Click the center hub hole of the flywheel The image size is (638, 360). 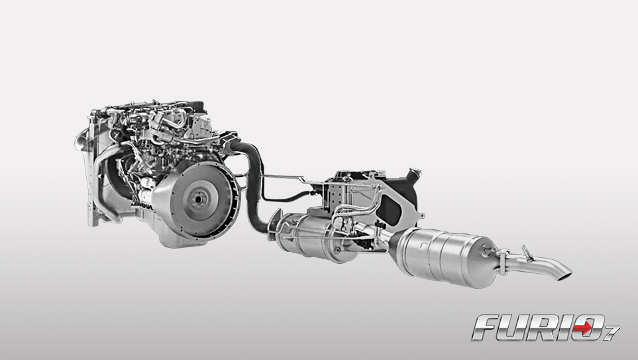(198, 199)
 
